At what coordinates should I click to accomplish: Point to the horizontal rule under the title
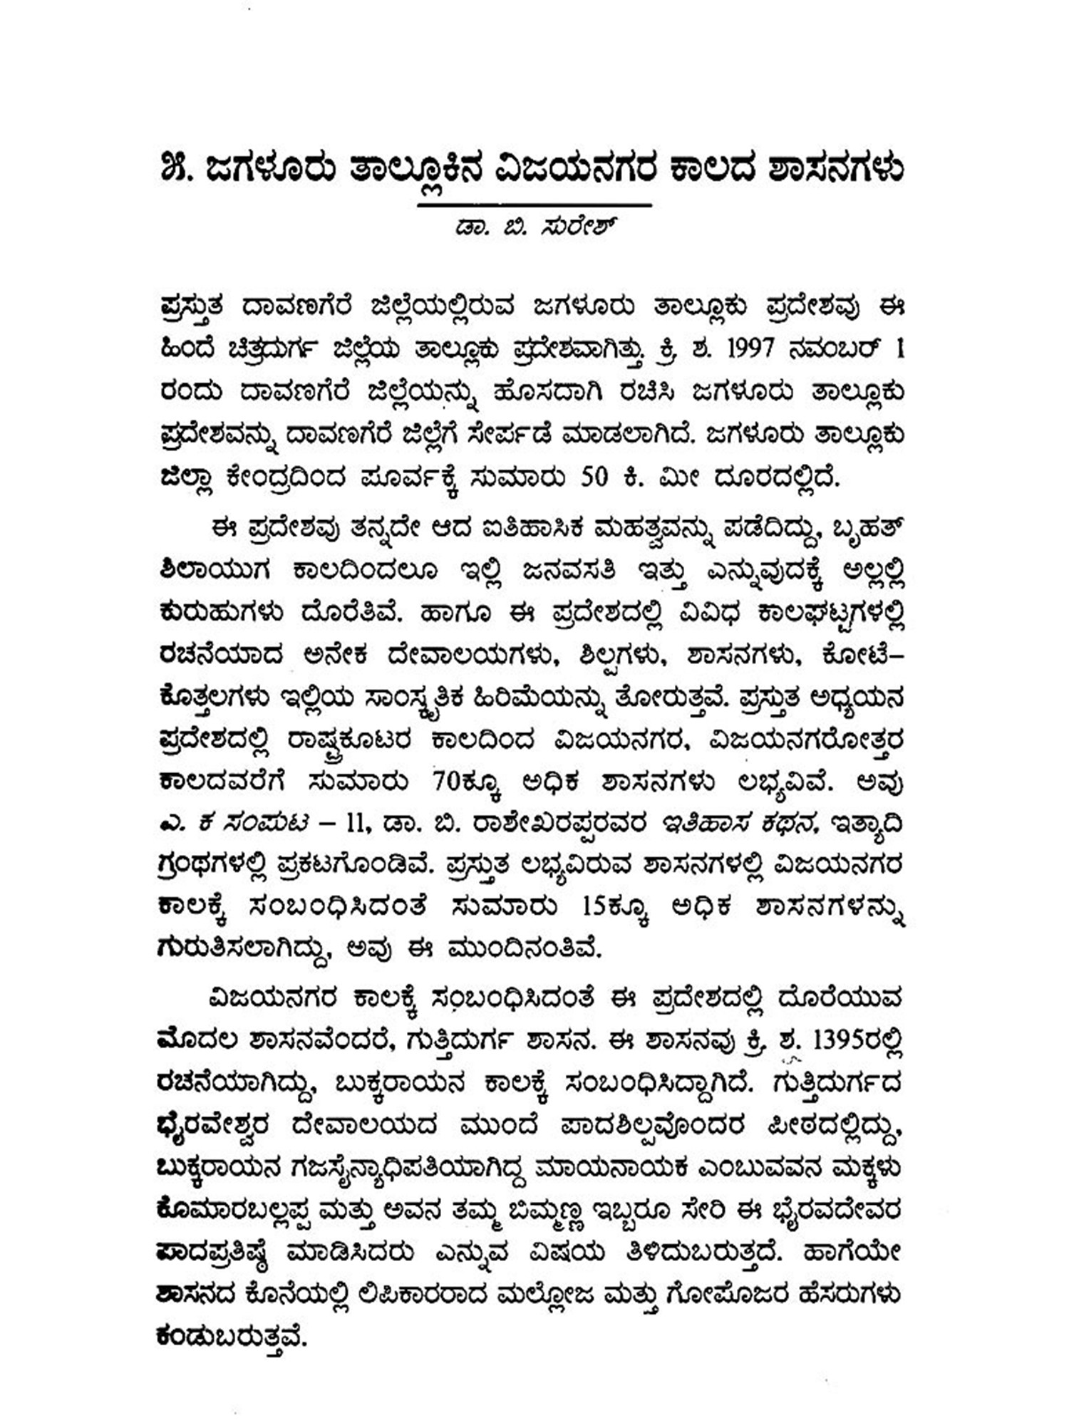[534, 205]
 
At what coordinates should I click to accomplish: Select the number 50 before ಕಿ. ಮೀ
[596, 476]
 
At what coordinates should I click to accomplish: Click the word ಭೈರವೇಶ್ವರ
[212, 1126]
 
